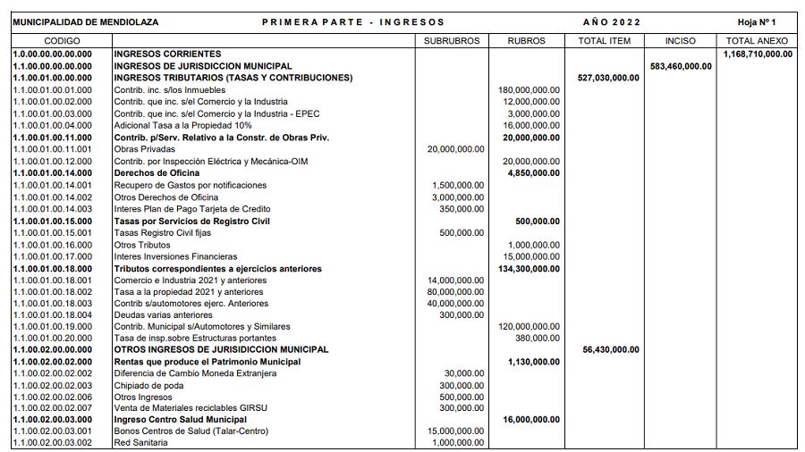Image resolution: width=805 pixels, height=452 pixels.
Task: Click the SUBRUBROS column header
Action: point(452,41)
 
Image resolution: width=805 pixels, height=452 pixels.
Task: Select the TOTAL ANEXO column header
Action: point(757,41)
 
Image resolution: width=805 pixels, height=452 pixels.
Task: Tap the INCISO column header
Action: point(682,41)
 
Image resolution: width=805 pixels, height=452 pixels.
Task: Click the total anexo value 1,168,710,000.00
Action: point(758,54)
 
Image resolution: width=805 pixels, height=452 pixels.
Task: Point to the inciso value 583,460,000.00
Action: point(682,65)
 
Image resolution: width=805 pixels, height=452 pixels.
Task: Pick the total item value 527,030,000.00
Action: point(608,78)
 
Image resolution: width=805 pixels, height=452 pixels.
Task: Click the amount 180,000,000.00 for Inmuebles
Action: point(529,89)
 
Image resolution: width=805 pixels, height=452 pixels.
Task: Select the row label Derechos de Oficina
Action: point(150,172)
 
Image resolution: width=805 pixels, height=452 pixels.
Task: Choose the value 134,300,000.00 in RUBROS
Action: point(529,268)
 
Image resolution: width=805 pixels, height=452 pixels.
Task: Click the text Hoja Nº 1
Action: point(758,21)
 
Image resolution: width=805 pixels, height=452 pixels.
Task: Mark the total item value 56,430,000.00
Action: point(611,349)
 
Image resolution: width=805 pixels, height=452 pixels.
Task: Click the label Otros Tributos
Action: point(140,244)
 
